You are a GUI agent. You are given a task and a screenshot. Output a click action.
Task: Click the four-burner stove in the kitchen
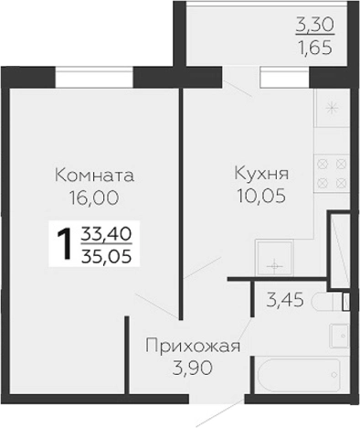(331, 173)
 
